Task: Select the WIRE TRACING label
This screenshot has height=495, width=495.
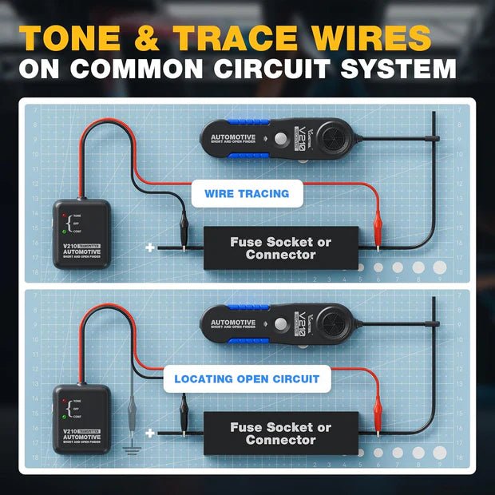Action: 247,193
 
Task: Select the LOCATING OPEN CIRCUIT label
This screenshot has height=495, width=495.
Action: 247,378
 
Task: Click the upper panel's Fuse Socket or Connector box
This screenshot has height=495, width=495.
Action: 280,248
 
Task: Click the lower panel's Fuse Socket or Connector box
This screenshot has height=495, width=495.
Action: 280,434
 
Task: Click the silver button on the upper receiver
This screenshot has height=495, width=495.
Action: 280,138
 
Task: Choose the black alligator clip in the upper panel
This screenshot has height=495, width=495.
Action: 183,231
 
